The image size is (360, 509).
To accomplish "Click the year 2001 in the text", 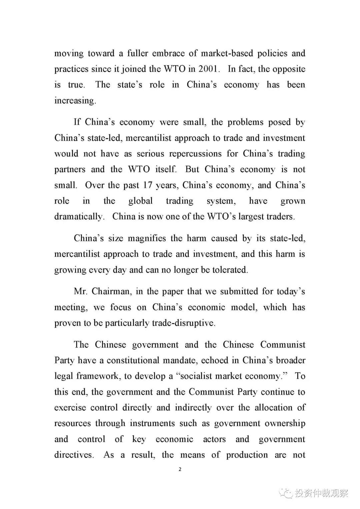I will (x=208, y=69).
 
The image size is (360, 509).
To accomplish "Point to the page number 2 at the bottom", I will (x=180, y=469).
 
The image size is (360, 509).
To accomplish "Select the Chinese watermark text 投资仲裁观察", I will (x=321, y=493).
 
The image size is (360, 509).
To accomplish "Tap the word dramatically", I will (x=79, y=217).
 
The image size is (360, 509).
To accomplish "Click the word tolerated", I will (x=230, y=270).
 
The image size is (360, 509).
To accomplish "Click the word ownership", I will (x=285, y=423).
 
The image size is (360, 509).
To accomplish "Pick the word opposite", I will (x=289, y=69).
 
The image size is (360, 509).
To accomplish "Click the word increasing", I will (x=75, y=101).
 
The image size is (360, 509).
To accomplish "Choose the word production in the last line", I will (x=247, y=455).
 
